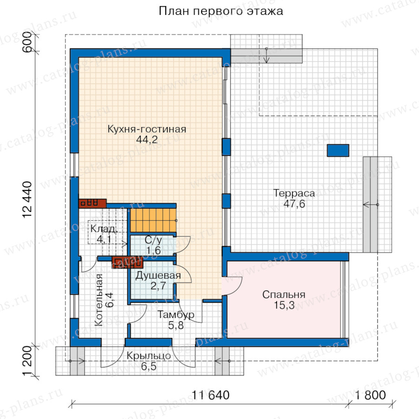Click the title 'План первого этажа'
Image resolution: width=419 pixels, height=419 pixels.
[x=221, y=11]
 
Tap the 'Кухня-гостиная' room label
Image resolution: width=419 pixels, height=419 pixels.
[x=147, y=129]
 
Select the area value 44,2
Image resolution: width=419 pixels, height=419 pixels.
[x=147, y=140]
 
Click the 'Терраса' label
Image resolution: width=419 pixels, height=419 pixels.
[x=294, y=193]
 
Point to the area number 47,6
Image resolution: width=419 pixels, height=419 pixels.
[x=294, y=204]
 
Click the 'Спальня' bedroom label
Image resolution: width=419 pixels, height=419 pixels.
[x=284, y=295]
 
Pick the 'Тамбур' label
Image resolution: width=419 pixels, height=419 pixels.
[x=176, y=315]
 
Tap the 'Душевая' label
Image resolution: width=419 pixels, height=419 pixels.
[x=158, y=275]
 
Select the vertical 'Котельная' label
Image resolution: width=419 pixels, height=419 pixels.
[x=99, y=299]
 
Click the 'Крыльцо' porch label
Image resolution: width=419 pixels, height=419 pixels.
[x=149, y=356]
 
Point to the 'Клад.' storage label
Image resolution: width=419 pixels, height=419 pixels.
[x=103, y=229]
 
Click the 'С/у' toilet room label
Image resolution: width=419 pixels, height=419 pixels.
[x=153, y=240]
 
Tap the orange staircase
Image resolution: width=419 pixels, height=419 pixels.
[x=153, y=220]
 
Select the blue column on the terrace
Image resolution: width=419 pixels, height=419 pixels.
[x=338, y=150]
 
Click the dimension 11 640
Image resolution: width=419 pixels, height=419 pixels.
[x=210, y=395]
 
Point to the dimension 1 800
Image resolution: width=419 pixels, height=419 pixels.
[x=370, y=395]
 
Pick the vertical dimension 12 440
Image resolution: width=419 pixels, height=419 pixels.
[x=27, y=200]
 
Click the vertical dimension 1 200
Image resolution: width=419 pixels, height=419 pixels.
[x=27, y=361]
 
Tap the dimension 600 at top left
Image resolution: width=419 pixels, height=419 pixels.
[x=27, y=42]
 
